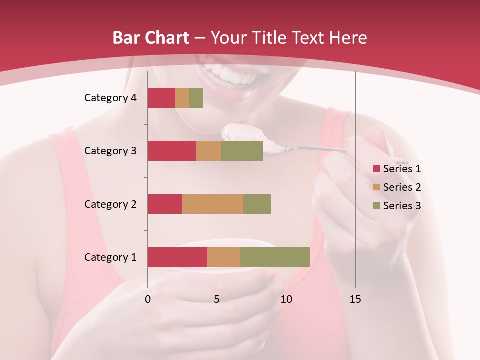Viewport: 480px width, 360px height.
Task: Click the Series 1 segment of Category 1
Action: coord(177,257)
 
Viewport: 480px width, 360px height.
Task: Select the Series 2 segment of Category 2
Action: coord(213,204)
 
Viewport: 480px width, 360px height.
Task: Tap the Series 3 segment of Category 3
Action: coord(242,151)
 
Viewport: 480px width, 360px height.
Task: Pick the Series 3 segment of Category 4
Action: coord(196,98)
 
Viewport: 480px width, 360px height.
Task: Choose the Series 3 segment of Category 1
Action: coord(275,257)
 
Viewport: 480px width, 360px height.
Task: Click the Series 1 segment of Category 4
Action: coord(161,98)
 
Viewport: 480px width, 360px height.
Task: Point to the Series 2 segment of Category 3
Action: coord(209,151)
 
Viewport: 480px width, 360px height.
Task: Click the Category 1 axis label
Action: coord(110,257)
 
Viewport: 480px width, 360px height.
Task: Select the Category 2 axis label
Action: coord(110,204)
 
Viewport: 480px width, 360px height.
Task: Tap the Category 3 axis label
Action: coord(110,151)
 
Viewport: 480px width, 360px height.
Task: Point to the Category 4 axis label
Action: coord(110,98)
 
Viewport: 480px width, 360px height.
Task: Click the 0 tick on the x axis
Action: coord(148,299)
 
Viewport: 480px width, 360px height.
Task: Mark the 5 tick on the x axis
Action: coord(217,299)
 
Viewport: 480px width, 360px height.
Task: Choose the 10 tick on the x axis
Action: coord(286,299)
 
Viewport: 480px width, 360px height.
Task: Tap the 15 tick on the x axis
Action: coord(355,299)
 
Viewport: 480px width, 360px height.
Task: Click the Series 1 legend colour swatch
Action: coord(376,169)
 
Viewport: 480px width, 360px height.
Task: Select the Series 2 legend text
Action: coord(402,187)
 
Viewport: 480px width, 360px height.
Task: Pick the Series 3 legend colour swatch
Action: coord(376,206)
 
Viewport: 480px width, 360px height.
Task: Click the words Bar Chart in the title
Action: coord(150,38)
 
